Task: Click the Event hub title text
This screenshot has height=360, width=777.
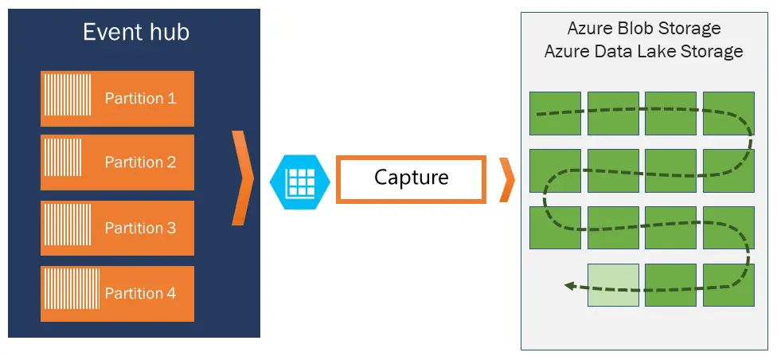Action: tap(136, 33)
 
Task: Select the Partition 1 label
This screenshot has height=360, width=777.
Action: tap(140, 98)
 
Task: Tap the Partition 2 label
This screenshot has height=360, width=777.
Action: tap(140, 162)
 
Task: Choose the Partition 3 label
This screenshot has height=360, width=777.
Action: tap(140, 228)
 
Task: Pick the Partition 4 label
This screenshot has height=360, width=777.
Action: tap(140, 293)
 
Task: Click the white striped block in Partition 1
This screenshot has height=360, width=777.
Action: tap(68, 95)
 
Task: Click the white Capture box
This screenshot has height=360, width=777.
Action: tap(411, 179)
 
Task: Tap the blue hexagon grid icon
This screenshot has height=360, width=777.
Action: tap(300, 182)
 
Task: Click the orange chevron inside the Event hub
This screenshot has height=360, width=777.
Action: tap(243, 178)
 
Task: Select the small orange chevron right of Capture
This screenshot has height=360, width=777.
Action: tap(507, 179)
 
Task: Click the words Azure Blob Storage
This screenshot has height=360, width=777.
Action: tap(644, 28)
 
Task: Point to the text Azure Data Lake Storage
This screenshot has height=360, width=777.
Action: tap(644, 51)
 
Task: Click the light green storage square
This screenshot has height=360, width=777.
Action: tap(613, 284)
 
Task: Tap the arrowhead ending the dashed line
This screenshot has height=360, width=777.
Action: tap(570, 286)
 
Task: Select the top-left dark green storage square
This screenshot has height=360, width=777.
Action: tap(555, 113)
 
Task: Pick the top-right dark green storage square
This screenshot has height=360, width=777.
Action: tap(728, 113)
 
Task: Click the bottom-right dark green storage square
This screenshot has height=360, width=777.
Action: tap(728, 284)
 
